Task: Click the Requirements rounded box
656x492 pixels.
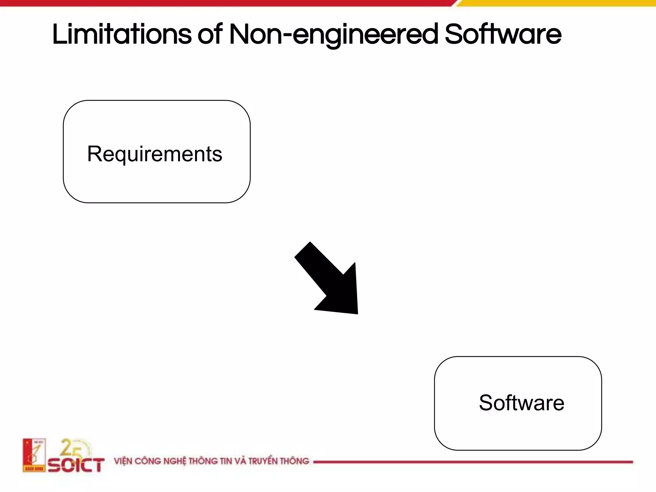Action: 157,152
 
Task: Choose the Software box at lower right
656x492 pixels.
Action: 518,403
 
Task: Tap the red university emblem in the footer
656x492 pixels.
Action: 34,455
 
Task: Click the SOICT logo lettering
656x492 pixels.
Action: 76,465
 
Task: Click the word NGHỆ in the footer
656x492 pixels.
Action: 175,461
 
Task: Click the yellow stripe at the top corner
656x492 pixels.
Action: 557,3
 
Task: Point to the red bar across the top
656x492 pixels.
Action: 224,3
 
